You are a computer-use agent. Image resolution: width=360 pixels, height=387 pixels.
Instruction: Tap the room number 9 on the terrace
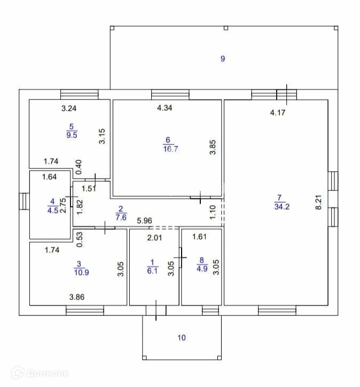click(x=223, y=59)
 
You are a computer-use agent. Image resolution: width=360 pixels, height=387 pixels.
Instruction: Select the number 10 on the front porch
click(x=182, y=337)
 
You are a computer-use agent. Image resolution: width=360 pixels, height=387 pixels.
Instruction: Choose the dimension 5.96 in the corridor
click(x=145, y=220)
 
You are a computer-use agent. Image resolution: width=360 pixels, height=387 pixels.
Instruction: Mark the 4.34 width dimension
click(x=165, y=108)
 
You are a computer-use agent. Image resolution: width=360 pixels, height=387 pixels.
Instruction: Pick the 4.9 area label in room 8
click(x=201, y=269)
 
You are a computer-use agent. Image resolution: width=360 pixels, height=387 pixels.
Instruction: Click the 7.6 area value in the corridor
click(x=121, y=217)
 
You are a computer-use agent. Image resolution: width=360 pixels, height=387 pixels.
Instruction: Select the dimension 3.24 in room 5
click(x=69, y=109)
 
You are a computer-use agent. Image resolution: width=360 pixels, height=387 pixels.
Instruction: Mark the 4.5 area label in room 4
click(x=52, y=210)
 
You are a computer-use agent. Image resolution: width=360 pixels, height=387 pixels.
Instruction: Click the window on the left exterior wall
click(x=23, y=202)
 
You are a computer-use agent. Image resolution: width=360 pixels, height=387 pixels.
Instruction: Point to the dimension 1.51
click(x=88, y=188)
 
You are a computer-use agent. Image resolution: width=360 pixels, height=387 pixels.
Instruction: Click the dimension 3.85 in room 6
click(x=212, y=147)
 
